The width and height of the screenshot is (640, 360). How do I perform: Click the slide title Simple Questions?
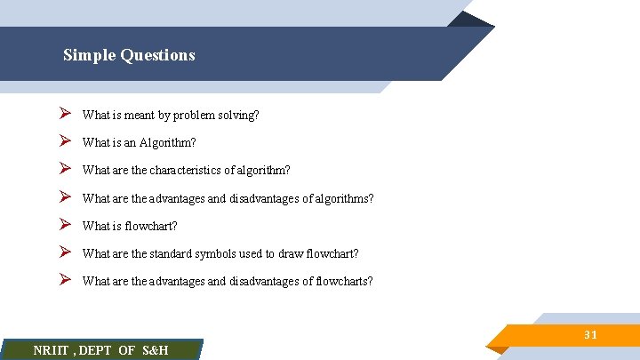click(129, 55)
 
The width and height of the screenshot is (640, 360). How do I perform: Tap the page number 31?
click(590, 335)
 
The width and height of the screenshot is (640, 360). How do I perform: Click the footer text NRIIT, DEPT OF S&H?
click(100, 350)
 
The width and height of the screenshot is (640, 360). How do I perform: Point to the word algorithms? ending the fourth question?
click(341, 198)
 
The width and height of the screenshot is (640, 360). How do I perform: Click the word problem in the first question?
click(181, 115)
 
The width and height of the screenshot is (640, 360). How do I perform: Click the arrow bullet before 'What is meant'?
click(65, 114)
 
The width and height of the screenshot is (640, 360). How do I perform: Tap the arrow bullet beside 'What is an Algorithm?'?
click(65, 141)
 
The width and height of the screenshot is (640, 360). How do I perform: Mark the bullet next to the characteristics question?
click(65, 169)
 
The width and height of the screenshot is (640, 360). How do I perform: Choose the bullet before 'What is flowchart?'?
click(65, 225)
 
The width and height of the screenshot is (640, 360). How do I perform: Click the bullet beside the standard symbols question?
click(65, 252)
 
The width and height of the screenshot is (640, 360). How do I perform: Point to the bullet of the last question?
click(65, 280)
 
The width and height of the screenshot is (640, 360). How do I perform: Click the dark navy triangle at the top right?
click(471, 20)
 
